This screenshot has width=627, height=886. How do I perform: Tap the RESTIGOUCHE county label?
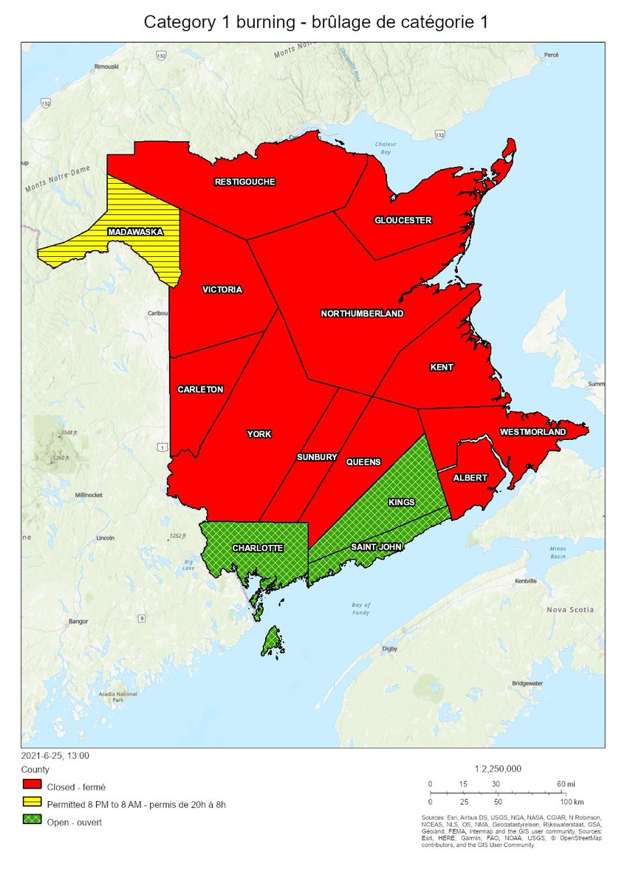[244, 182]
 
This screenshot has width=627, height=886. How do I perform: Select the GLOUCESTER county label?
[402, 220]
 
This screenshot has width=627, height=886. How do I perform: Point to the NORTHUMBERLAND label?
[362, 314]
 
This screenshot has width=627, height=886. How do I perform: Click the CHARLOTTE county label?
[257, 549]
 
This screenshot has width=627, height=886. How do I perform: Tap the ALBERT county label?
[470, 478]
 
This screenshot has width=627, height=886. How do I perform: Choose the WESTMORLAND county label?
[532, 432]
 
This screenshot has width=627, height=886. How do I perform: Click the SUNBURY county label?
[317, 458]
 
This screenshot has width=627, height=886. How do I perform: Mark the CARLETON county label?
[200, 389]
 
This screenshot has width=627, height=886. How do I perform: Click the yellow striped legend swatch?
[32, 803]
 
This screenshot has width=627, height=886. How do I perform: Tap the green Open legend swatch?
[32, 821]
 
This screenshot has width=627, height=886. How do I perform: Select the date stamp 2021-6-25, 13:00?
[56, 755]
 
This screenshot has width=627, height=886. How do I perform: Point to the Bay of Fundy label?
[361, 608]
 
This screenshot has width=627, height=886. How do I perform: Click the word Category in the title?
[176, 22]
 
